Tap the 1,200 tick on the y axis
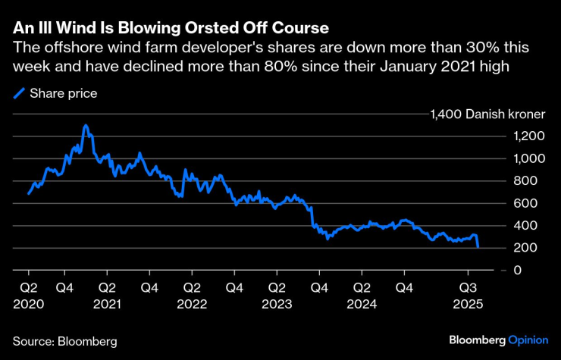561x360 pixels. click(523, 136)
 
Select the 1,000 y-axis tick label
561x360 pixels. click(523, 159)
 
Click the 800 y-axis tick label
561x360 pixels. click(527, 181)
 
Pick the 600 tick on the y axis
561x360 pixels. click(527, 203)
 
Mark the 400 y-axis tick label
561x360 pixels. click(527, 226)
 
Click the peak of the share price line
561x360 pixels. click(85, 126)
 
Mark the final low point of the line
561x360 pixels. click(478, 247)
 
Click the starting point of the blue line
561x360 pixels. click(29, 193)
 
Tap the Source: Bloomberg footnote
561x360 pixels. click(64, 342)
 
